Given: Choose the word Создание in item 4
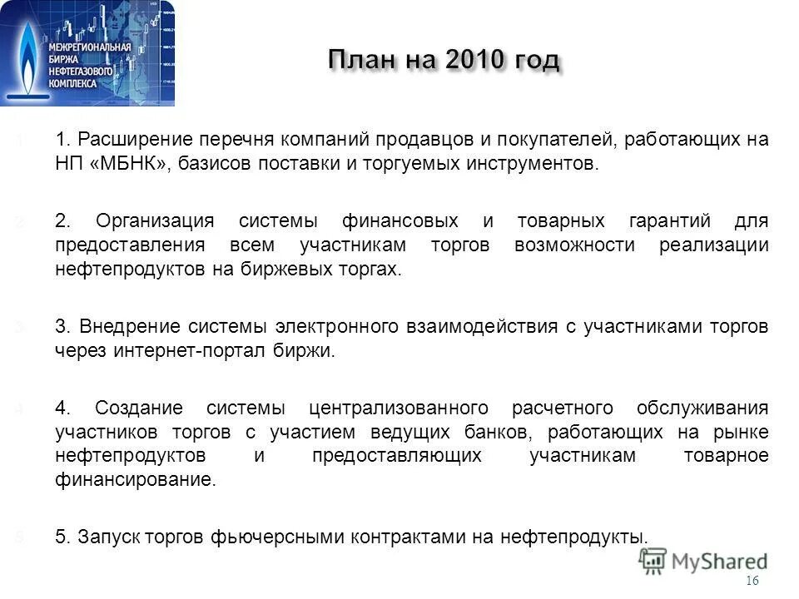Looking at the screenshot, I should (x=139, y=408).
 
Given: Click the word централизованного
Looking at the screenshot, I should (x=398, y=408).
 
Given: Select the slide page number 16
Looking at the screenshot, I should (x=753, y=582).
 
